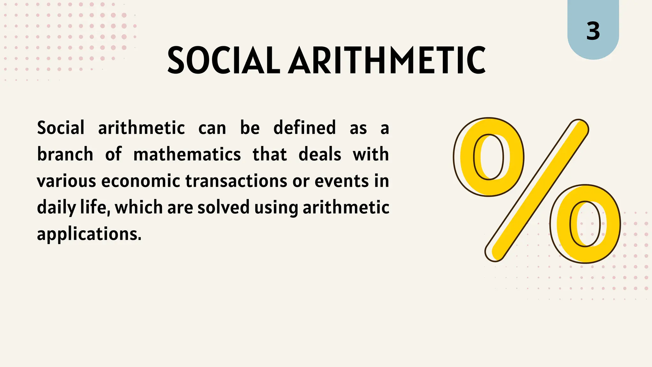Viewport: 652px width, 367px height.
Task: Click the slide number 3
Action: tap(593, 32)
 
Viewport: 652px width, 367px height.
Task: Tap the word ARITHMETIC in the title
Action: tap(387, 60)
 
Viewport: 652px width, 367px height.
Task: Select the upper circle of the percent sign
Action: tap(489, 157)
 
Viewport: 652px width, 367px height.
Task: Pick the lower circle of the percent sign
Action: tap(585, 224)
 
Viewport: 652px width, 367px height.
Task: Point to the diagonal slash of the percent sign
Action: tap(537, 191)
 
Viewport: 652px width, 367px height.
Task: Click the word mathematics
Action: tap(187, 155)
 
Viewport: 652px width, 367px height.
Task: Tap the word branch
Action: tap(65, 155)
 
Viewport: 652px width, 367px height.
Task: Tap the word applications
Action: tap(89, 234)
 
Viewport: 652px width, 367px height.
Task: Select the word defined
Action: tap(305, 128)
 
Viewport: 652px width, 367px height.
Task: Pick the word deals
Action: tap(320, 155)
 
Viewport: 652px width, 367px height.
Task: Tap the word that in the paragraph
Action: tap(270, 155)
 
